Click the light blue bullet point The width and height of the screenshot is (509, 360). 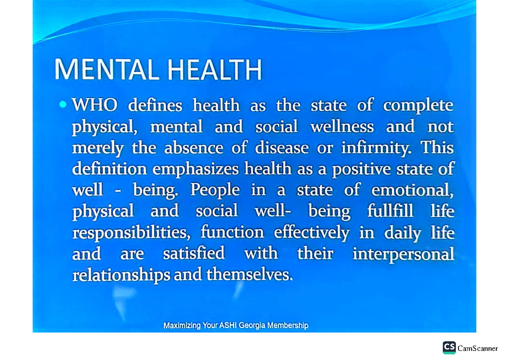[63, 104]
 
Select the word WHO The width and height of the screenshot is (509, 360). [95, 105]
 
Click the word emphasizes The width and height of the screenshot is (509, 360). [197, 169]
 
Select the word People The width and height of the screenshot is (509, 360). [215, 190]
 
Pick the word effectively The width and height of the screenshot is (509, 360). [311, 233]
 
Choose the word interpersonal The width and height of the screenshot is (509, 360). [403, 254]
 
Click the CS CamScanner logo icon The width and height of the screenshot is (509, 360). [449, 347]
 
